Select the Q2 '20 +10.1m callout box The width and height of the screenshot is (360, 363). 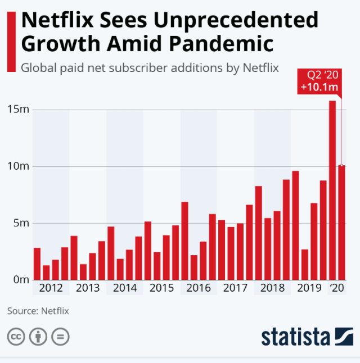click(319, 82)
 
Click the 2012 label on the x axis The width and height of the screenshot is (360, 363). click(51, 288)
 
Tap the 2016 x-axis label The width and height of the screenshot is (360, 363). click(198, 288)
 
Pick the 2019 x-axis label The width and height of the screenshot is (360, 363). click(308, 288)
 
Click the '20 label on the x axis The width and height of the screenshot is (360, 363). click(337, 288)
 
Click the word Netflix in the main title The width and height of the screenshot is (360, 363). click(61, 20)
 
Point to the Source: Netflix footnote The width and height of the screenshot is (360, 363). click(38, 310)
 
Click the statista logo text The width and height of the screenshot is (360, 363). click(295, 337)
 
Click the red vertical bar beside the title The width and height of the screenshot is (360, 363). click(11, 42)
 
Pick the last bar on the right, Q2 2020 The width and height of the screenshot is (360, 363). click(341, 223)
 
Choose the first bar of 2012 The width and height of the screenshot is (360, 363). click(37, 264)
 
